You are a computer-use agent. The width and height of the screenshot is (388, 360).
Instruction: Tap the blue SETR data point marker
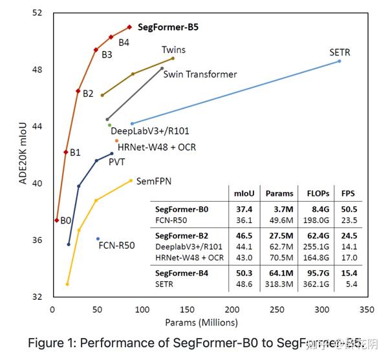339,61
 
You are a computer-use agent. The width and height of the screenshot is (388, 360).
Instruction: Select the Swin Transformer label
200,74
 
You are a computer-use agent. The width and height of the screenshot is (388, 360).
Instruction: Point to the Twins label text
173,49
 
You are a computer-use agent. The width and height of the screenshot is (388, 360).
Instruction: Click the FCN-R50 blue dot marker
98,238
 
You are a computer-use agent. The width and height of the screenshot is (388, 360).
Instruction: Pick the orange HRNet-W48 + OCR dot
116,140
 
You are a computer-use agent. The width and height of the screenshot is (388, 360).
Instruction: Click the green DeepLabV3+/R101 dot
109,125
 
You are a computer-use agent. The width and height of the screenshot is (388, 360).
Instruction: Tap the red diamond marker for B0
56,220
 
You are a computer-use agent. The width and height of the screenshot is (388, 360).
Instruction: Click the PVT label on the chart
116,162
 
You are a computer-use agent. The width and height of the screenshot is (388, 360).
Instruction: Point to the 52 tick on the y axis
37,13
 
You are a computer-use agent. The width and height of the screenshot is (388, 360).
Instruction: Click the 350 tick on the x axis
367,309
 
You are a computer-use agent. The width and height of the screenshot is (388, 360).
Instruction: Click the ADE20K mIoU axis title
22,154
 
